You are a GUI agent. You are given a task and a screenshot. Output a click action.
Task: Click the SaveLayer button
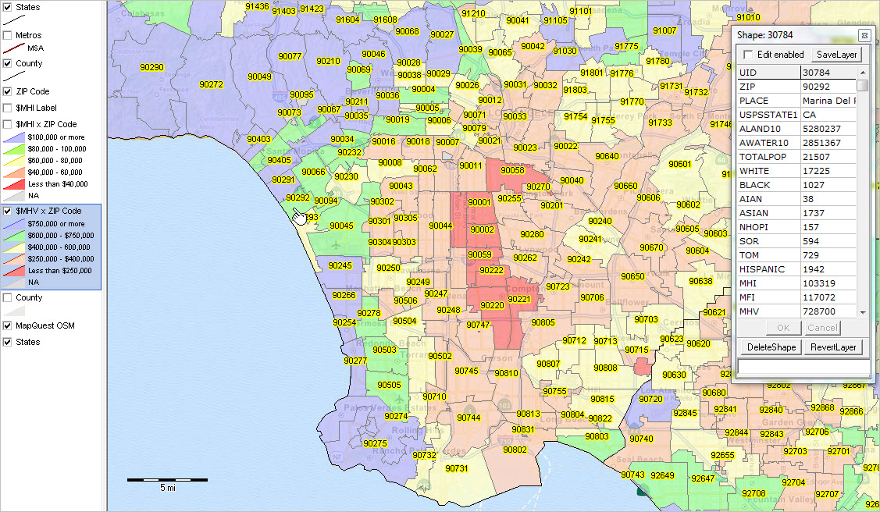tap(837, 55)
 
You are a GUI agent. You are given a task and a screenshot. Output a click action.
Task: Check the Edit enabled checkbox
tap(749, 55)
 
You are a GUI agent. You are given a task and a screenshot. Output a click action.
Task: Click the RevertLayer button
tap(833, 347)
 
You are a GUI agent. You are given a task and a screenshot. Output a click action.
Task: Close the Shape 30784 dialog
tap(864, 35)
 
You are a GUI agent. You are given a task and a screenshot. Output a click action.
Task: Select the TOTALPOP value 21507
tap(828, 157)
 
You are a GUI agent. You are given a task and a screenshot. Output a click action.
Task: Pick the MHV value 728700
tap(828, 311)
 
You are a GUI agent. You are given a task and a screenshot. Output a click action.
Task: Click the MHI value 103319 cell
tap(828, 283)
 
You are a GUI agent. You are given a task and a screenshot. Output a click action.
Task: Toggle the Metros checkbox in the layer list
tap(8, 35)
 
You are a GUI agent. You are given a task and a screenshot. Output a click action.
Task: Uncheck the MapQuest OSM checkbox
tap(8, 325)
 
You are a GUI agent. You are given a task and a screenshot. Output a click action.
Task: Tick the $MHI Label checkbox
tap(8, 108)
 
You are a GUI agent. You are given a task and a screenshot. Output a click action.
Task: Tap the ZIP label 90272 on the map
tap(211, 84)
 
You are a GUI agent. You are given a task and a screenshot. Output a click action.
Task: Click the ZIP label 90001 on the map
tap(479, 203)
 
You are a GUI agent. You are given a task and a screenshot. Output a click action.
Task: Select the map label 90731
tap(457, 468)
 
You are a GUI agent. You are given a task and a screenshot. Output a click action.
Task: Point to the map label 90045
tap(341, 226)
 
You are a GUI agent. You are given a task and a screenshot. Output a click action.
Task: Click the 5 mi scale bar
tap(167, 480)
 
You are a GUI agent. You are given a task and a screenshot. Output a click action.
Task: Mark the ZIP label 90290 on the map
tap(151, 68)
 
